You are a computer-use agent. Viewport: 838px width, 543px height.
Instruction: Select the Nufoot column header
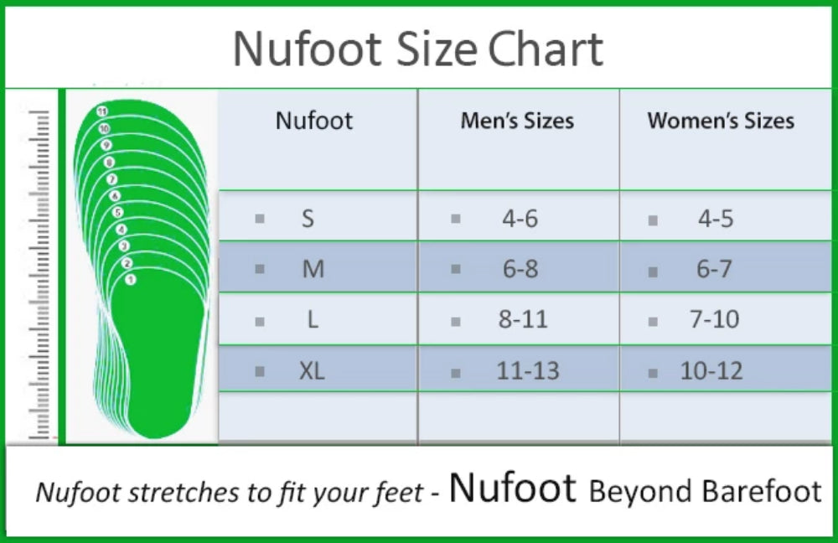point(314,121)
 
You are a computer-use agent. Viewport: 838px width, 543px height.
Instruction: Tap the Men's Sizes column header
point(517,121)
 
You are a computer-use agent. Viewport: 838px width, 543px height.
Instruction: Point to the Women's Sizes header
point(721,121)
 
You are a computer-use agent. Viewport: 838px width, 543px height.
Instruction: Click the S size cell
point(308,219)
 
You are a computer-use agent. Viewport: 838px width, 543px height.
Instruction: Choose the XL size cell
point(312,370)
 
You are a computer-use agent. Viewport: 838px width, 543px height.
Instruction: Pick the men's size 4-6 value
point(520,219)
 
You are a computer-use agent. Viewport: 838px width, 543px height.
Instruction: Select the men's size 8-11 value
point(523,319)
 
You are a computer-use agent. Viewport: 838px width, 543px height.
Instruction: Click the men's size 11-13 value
point(527,370)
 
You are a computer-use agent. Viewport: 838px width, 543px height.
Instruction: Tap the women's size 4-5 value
point(716,219)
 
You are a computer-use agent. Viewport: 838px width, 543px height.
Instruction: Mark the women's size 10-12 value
point(711,370)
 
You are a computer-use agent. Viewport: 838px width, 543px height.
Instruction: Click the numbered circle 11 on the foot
point(102,111)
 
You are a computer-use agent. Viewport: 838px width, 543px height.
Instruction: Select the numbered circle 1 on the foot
point(130,279)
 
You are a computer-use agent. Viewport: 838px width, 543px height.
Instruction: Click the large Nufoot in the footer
point(512,488)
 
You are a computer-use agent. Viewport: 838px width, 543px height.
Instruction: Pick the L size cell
point(313,319)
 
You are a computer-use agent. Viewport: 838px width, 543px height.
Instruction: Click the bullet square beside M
point(260,269)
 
